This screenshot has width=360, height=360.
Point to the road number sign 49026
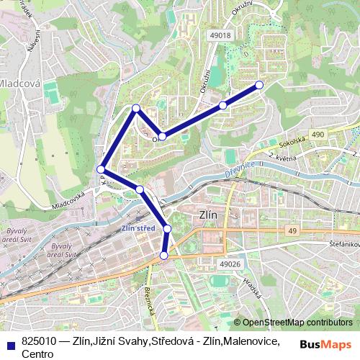[x=228, y=264]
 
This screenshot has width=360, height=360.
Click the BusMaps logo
[x=325, y=344]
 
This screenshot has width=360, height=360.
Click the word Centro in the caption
[x=37, y=354]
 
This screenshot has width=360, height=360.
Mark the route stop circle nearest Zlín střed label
[x=167, y=228]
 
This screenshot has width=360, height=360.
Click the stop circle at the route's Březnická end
[x=164, y=256]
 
